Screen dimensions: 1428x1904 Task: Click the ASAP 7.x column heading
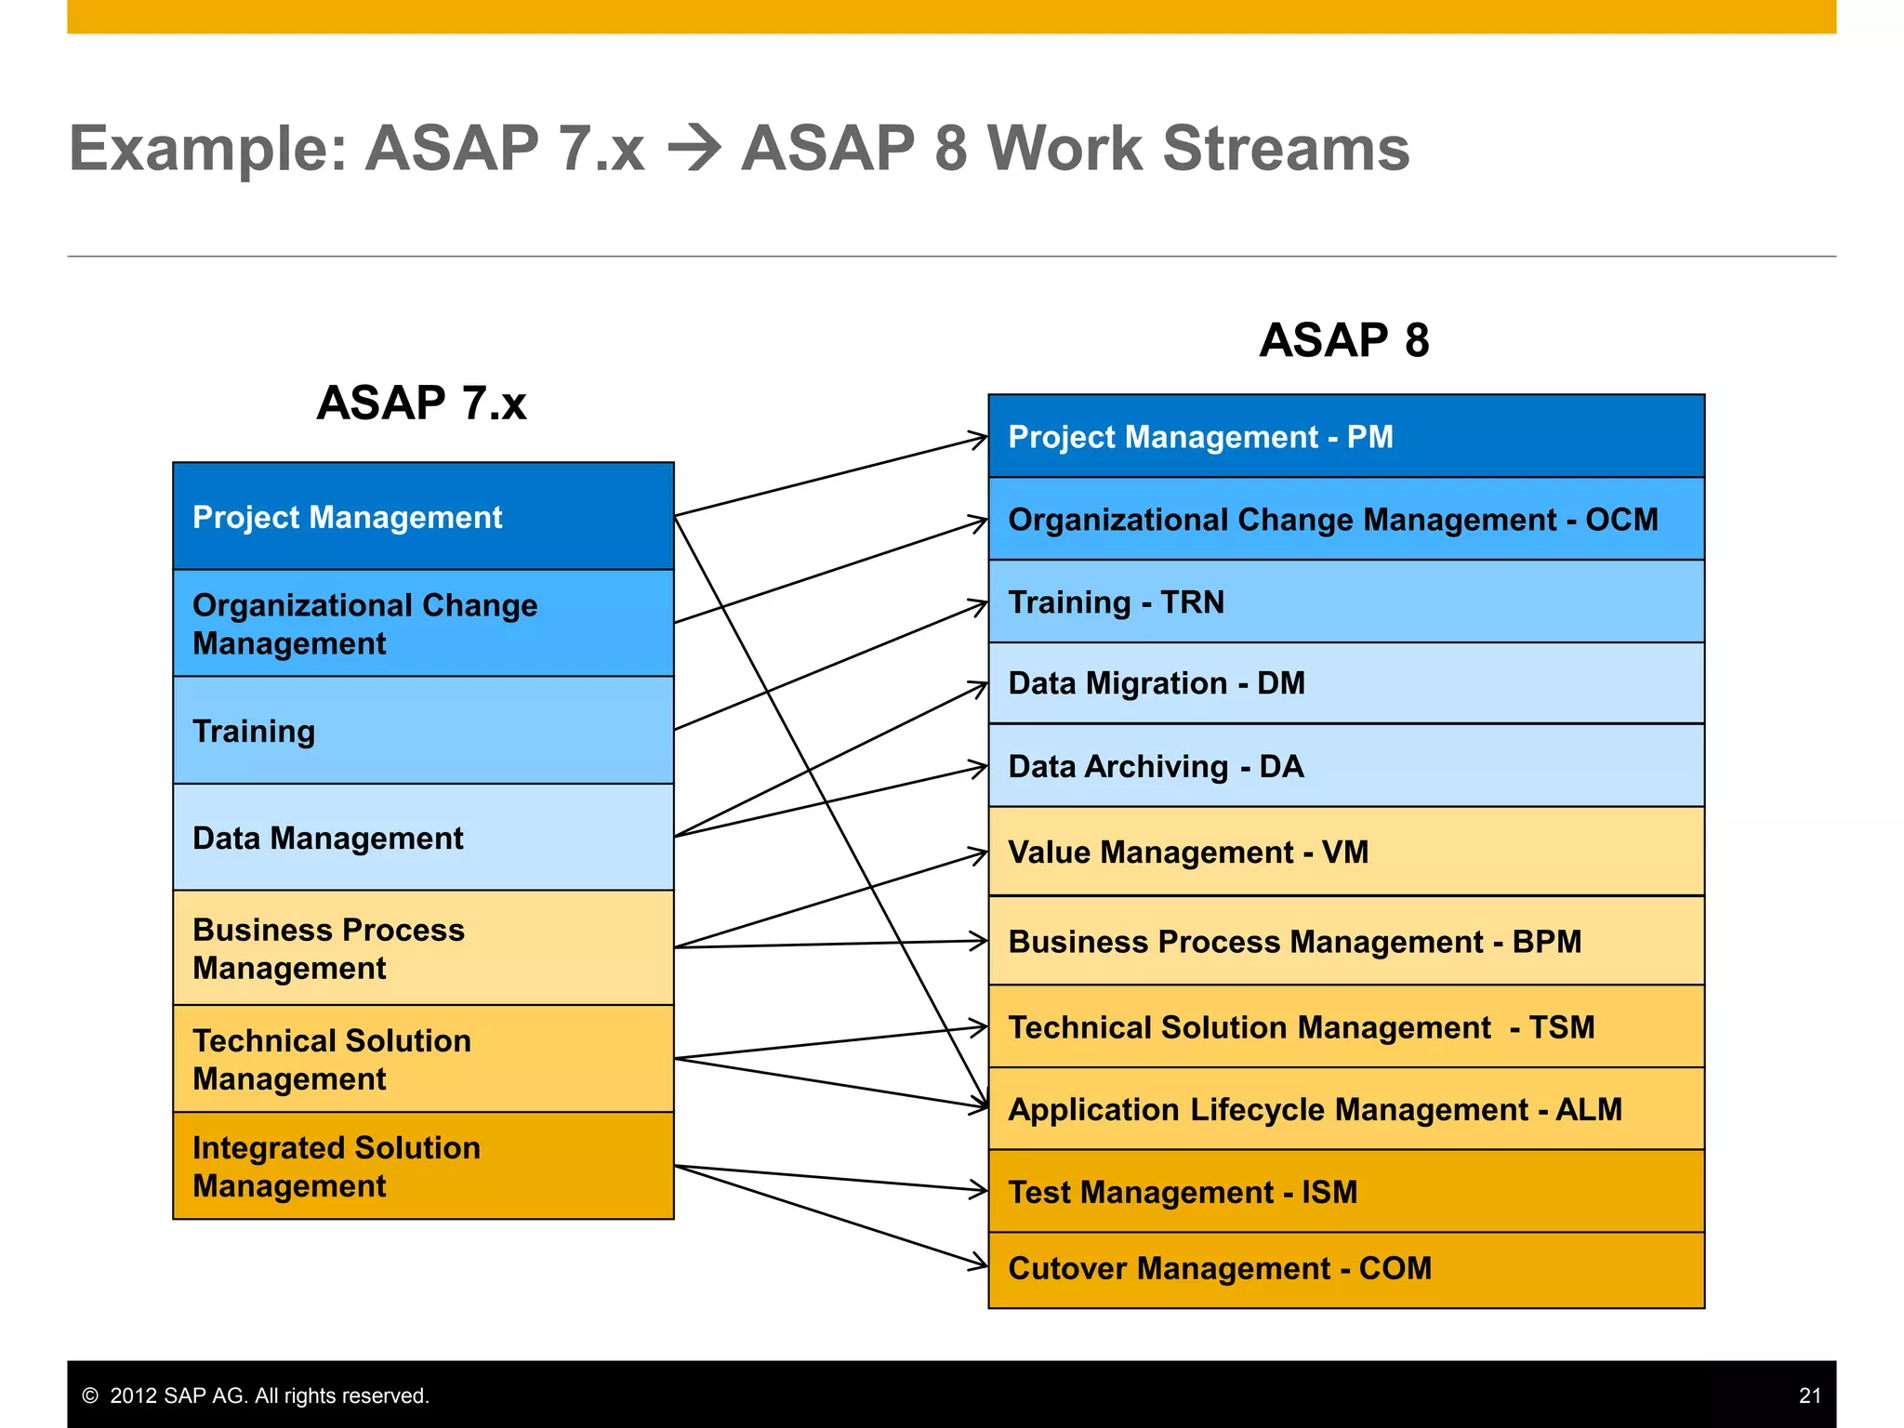421,403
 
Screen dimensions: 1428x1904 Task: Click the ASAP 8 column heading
1343,340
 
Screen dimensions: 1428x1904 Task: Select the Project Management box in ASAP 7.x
423,516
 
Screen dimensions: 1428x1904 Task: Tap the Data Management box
423,838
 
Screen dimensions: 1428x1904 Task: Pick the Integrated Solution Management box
423,1166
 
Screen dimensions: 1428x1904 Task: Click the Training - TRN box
1345,602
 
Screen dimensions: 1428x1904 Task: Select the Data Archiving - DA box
1345,766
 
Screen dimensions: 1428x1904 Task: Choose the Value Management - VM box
1345,852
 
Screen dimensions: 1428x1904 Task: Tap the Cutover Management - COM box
1345,1269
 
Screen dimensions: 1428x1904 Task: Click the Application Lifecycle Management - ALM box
1345,1109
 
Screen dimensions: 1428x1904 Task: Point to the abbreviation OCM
1621,520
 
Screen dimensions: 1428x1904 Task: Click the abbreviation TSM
1562,1027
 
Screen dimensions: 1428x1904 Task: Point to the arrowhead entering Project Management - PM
978,438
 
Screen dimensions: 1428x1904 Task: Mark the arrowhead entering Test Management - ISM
978,1190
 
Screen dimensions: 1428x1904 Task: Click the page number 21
1809,1395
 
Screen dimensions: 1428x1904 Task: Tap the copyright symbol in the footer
90,1395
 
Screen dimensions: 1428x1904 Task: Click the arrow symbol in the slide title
694,149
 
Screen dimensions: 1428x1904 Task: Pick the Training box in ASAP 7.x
423,731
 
